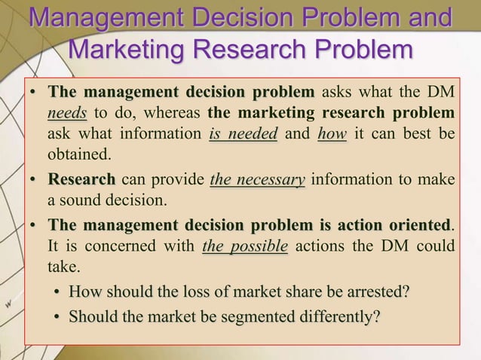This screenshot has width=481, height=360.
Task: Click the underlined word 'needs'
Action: click(x=67, y=114)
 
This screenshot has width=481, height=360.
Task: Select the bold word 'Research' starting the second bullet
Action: click(x=81, y=181)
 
